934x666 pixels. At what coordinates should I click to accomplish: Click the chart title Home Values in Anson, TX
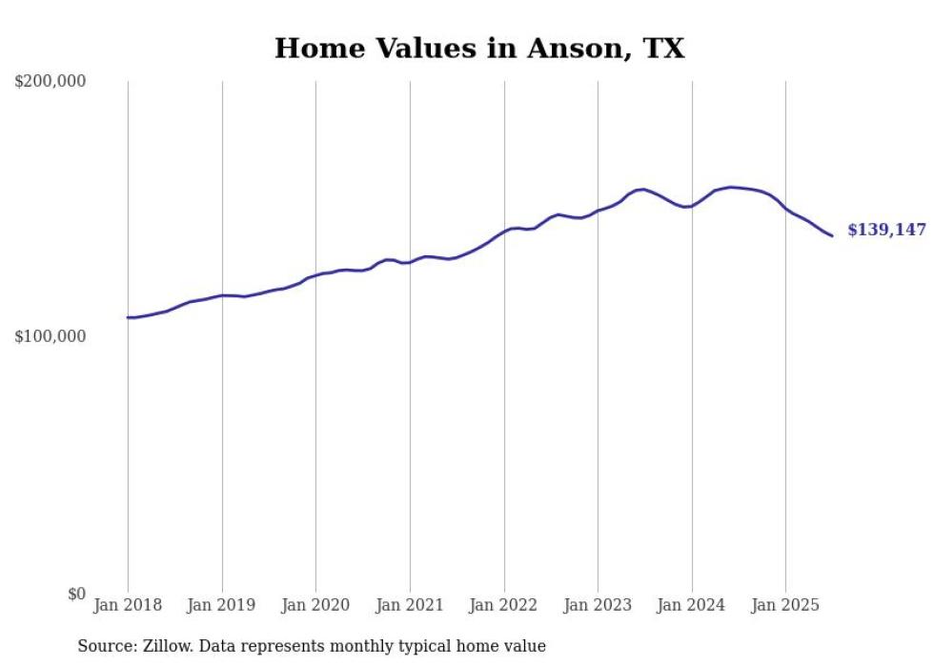pyautogui.click(x=479, y=49)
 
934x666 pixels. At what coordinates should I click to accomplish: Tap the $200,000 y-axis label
pyautogui.click(x=51, y=82)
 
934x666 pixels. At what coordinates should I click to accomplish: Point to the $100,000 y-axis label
pyautogui.click(x=51, y=337)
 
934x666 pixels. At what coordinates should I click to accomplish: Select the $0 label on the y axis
pyautogui.click(x=76, y=594)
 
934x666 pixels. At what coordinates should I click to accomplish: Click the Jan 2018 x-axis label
pyautogui.click(x=128, y=605)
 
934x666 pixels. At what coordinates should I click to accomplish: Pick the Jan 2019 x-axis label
pyautogui.click(x=222, y=605)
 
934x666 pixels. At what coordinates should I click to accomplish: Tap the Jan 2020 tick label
pyautogui.click(x=315, y=605)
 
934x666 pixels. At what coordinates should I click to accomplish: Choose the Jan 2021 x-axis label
pyautogui.click(x=410, y=605)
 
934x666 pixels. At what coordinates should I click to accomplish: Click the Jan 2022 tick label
pyautogui.click(x=504, y=605)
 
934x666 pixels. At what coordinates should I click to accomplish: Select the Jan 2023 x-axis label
pyautogui.click(x=598, y=605)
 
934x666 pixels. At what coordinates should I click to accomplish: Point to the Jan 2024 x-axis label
pyautogui.click(x=692, y=605)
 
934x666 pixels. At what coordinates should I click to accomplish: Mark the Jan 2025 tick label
pyautogui.click(x=785, y=605)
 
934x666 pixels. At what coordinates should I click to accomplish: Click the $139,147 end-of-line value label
pyautogui.click(x=886, y=231)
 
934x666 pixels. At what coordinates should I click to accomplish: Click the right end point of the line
pyautogui.click(x=832, y=235)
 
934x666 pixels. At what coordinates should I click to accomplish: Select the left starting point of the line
pyautogui.click(x=128, y=317)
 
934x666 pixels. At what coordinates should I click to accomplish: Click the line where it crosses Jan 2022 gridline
pyautogui.click(x=504, y=231)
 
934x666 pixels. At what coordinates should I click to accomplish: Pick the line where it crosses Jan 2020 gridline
pyautogui.click(x=315, y=275)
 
